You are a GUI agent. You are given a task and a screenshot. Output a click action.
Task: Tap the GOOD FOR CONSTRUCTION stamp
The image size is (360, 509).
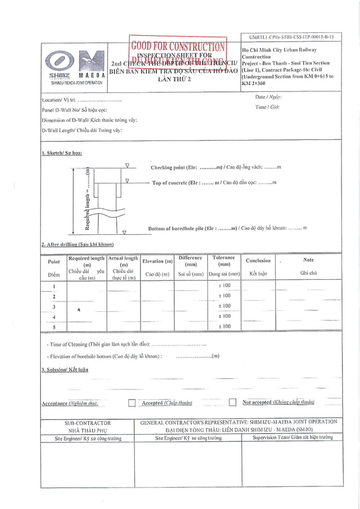pyautogui.click(x=178, y=47)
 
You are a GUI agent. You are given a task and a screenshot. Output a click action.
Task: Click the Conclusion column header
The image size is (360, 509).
pyautogui.click(x=258, y=261)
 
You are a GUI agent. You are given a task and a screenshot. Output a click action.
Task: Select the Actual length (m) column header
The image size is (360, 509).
pyautogui.click(x=123, y=261)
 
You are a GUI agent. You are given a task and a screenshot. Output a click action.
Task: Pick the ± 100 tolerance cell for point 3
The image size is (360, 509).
pyautogui.click(x=224, y=306)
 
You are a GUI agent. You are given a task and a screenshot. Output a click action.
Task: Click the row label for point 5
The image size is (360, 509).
pyautogui.click(x=54, y=327)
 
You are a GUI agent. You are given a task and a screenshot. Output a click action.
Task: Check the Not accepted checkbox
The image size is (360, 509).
pyautogui.click(x=232, y=402)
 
